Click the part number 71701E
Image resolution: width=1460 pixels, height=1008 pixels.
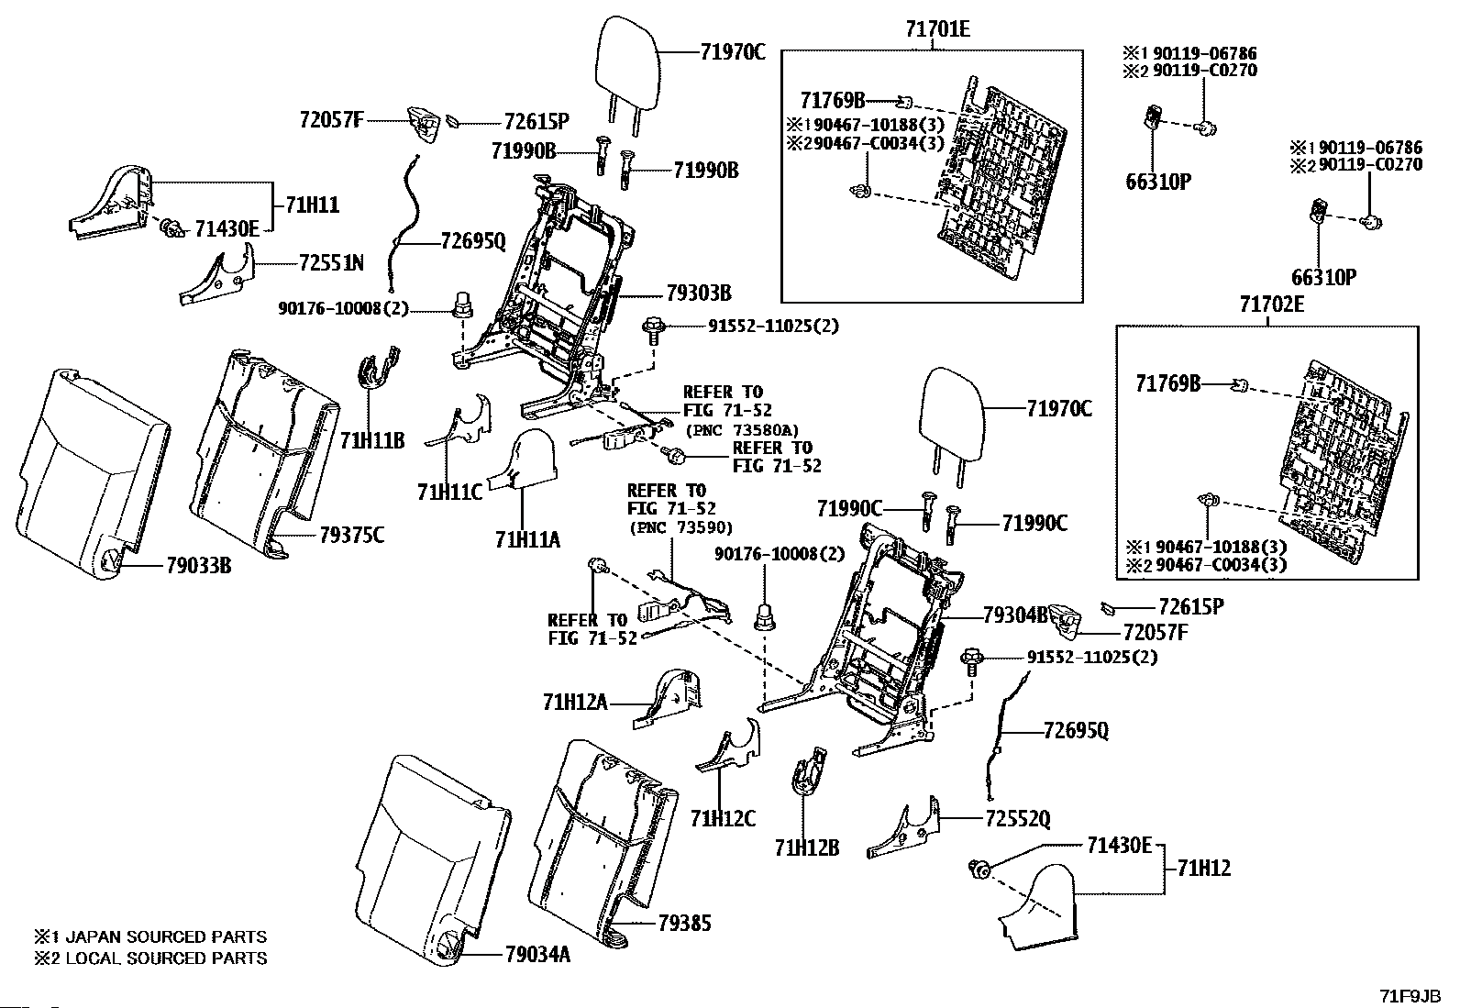(937, 29)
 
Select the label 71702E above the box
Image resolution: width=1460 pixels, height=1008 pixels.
(1272, 305)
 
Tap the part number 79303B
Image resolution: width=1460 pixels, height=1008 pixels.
(699, 294)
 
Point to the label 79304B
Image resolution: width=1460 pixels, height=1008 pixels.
(1015, 615)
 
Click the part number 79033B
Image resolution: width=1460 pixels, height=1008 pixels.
(199, 565)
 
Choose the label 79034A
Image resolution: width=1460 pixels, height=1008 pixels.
(537, 955)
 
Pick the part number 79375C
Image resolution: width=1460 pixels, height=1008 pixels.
(352, 536)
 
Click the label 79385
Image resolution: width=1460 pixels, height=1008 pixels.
(684, 924)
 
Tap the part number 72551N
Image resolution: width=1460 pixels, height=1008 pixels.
(332, 263)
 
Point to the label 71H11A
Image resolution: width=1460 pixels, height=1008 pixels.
(527, 540)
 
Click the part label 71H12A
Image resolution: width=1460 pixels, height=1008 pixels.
(575, 703)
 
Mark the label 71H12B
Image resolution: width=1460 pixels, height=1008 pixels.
(807, 847)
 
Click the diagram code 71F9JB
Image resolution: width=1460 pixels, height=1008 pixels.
(1410, 996)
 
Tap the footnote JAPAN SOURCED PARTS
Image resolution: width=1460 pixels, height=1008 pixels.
(166, 937)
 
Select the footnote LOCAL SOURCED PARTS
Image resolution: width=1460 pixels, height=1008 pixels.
(166, 958)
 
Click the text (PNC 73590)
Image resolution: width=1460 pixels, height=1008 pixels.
(680, 527)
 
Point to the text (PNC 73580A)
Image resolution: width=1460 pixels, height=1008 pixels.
(742, 430)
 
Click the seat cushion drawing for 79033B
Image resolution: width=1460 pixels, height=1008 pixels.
(93, 474)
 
